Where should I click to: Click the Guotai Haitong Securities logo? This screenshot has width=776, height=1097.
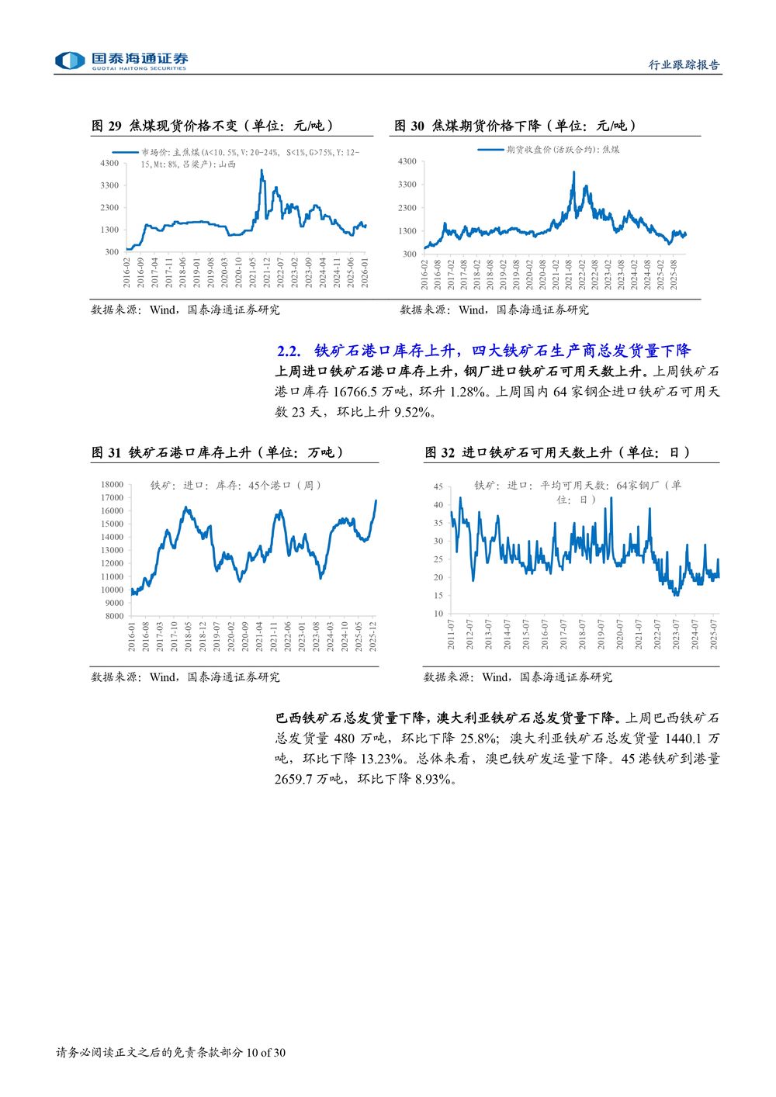point(121,61)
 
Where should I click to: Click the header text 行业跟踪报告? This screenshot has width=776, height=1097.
point(684,65)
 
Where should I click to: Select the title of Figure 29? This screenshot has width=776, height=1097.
point(213,126)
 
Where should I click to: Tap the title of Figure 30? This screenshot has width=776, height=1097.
point(515,126)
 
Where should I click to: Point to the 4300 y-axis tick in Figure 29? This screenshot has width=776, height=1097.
point(109,163)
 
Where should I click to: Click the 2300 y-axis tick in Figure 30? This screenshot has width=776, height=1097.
point(407,208)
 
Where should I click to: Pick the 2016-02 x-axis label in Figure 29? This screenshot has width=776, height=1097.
point(127,273)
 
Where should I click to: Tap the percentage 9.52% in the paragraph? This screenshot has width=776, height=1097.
point(412,412)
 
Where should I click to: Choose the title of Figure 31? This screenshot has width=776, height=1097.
point(218,452)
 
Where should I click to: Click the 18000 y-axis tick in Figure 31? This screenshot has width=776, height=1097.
point(112,485)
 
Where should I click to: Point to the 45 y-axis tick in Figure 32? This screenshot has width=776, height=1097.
point(438,487)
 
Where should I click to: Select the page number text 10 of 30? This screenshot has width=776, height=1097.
point(266,1053)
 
